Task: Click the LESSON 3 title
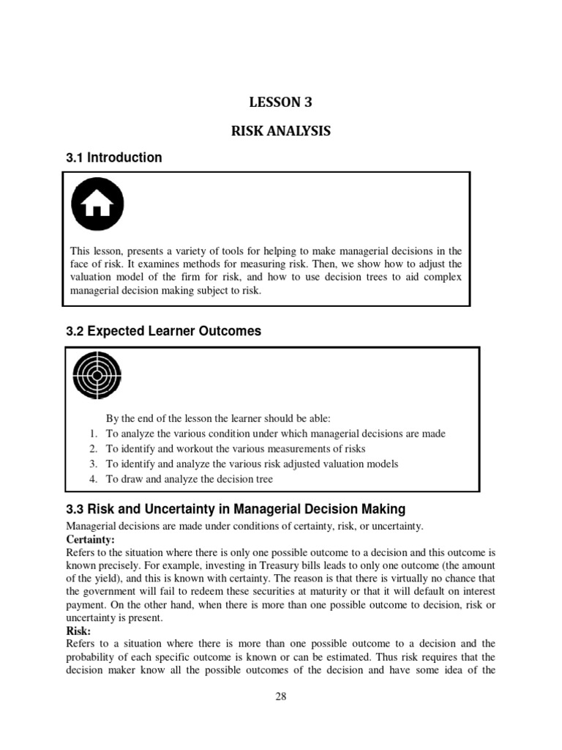coord(281,102)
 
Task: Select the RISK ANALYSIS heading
coord(281,131)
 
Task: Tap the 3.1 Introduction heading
coord(114,157)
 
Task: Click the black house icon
coord(97,204)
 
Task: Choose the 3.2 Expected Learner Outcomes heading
coord(163,331)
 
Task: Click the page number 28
coord(280,697)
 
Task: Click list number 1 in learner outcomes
coord(94,434)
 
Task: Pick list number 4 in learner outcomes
coord(94,479)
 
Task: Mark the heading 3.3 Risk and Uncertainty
coord(236,509)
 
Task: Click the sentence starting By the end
coord(218,418)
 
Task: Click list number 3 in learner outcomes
coord(94,464)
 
